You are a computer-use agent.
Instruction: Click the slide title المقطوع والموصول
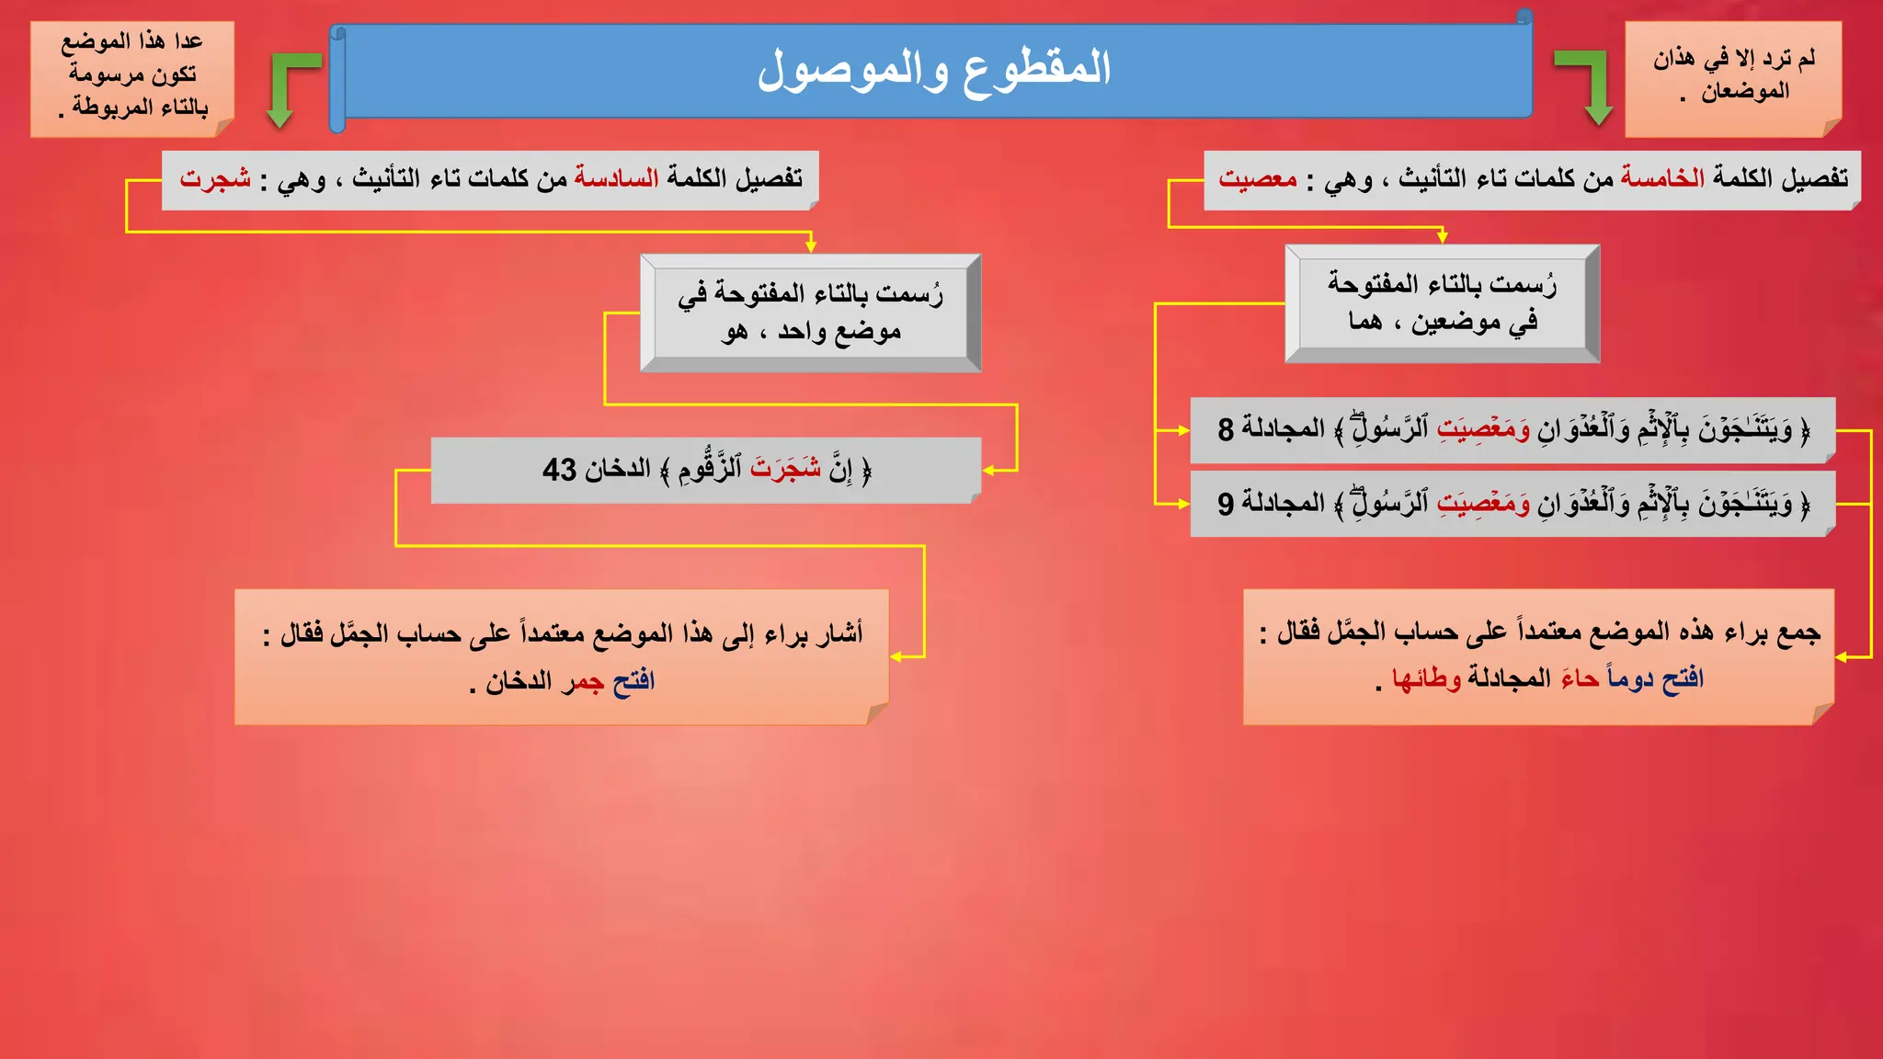tap(933, 70)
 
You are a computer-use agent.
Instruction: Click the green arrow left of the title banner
tap(287, 87)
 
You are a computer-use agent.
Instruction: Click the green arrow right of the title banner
tap(1589, 85)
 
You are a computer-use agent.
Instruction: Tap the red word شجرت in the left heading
tap(215, 177)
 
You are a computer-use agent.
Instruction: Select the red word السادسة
tap(616, 177)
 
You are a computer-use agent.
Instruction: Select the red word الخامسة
tap(1662, 177)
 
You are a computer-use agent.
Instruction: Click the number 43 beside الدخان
tap(559, 470)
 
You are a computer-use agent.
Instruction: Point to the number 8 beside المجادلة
tap(1226, 429)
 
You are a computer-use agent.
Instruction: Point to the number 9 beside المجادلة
tap(1226, 504)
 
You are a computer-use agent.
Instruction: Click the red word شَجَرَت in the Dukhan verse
tap(785, 469)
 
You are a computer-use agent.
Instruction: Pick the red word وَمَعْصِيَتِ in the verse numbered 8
tap(1483, 428)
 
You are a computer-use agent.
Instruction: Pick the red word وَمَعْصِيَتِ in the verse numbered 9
tap(1483, 503)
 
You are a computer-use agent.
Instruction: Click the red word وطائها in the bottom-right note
tap(1426, 679)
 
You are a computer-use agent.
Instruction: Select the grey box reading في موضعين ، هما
tap(1442, 303)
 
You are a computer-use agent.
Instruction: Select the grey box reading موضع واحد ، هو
tap(810, 313)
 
